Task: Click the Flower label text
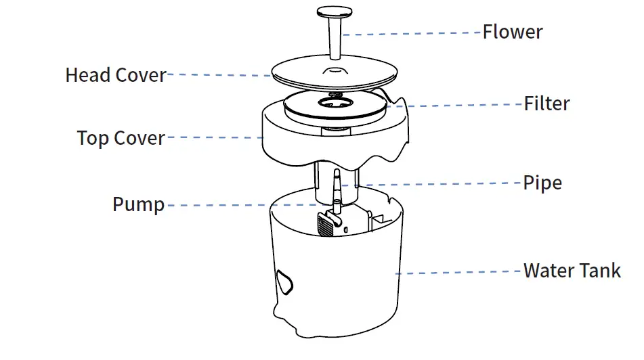click(x=512, y=32)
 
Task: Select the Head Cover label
click(x=115, y=75)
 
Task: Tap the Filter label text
click(x=546, y=104)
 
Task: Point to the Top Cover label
click(x=121, y=138)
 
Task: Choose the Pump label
click(x=138, y=204)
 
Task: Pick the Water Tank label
click(x=572, y=271)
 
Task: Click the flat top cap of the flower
click(x=334, y=12)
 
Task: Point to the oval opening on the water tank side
click(x=284, y=280)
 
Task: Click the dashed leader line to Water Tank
click(x=460, y=272)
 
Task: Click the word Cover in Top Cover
click(x=139, y=138)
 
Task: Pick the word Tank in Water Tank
click(x=600, y=271)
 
